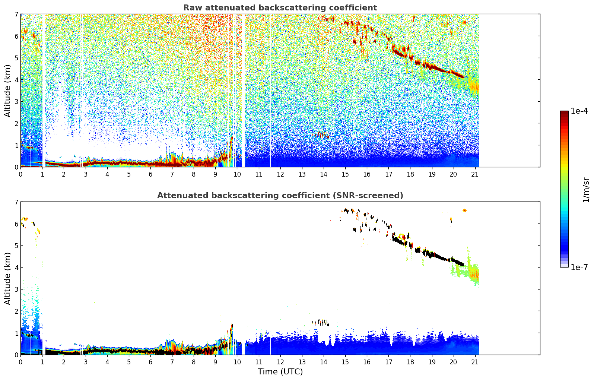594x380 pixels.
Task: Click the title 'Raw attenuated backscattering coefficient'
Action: click(x=280, y=8)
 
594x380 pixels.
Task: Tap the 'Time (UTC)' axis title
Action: click(x=280, y=372)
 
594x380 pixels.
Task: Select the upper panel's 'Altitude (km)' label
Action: click(x=7, y=91)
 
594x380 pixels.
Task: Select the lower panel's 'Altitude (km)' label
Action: click(x=7, y=278)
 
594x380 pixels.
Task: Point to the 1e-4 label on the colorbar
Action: click(x=579, y=111)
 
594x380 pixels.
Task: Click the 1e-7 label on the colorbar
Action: click(x=579, y=267)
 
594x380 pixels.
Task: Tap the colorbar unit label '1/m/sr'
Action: click(x=586, y=190)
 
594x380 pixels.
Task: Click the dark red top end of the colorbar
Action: click(x=564, y=113)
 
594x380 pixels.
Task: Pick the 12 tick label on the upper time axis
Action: click(x=280, y=174)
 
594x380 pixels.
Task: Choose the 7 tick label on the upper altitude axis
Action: click(x=16, y=15)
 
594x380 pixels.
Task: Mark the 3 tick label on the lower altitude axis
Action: click(x=16, y=289)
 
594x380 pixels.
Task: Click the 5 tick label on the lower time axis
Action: click(x=129, y=362)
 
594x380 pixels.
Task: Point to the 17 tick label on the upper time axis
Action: click(x=388, y=174)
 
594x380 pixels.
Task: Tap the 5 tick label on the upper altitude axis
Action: click(x=16, y=58)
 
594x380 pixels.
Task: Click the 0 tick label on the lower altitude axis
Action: click(x=16, y=355)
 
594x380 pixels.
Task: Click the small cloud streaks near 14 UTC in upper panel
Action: click(x=323, y=135)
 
